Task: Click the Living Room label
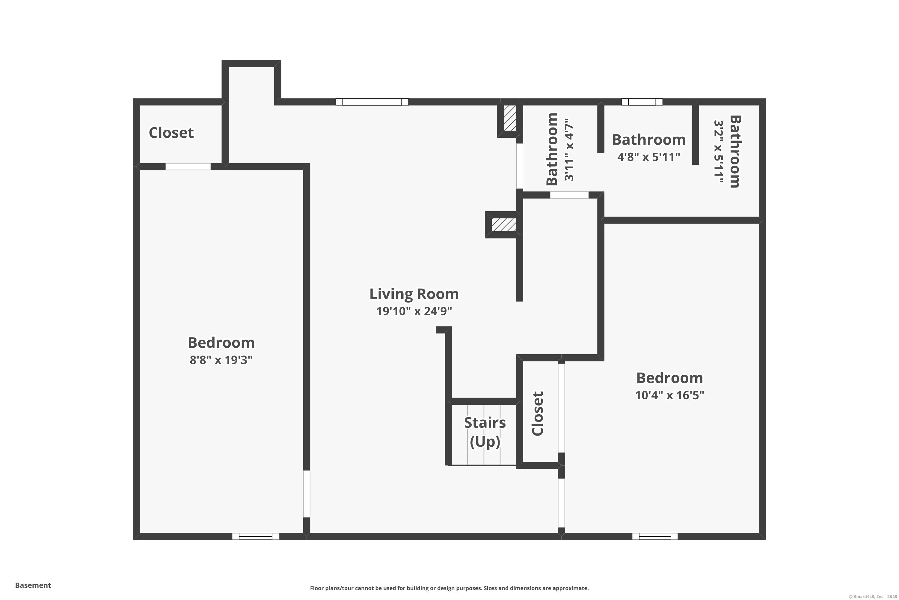pos(414,294)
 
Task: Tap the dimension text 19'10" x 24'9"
pos(414,311)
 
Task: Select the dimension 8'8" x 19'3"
pos(221,360)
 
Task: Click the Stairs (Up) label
pos(485,432)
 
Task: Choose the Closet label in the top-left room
pos(171,133)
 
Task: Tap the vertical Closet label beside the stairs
pos(537,413)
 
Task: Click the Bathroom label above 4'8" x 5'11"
pos(649,140)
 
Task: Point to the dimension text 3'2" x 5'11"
pos(718,152)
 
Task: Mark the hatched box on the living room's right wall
pos(504,225)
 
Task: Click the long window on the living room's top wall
pos(372,102)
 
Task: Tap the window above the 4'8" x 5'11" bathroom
pos(642,102)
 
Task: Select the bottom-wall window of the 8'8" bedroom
pos(255,536)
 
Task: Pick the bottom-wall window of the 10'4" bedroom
pos(655,536)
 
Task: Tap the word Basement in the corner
pos(33,585)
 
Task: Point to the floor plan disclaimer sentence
pos(449,588)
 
